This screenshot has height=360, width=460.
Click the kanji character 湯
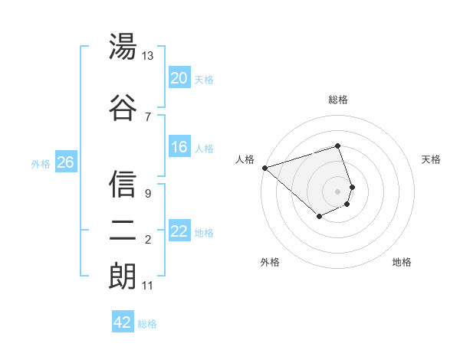pos(123,48)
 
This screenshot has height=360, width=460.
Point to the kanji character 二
pos(123,233)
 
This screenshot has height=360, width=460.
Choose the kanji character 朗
pos(123,277)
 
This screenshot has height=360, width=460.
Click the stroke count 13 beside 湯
pos(148,56)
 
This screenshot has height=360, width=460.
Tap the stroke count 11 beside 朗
pos(147,286)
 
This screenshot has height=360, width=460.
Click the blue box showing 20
pos(179,77)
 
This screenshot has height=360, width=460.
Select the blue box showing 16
pos(179,147)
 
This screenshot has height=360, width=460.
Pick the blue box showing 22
pos(179,231)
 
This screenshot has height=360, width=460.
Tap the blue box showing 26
pos(65,162)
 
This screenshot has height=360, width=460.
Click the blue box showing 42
pos(123,322)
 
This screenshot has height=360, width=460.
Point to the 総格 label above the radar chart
pos(338,100)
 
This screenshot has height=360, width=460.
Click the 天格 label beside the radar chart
pos(432,159)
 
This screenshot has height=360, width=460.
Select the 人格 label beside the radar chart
pos(245,159)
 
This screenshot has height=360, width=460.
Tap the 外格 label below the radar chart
pos(270,262)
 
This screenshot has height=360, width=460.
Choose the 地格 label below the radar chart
pos(402,262)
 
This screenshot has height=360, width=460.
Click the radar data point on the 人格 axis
pos(264,167)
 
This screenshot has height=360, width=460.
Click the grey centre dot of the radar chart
pos(338,191)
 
